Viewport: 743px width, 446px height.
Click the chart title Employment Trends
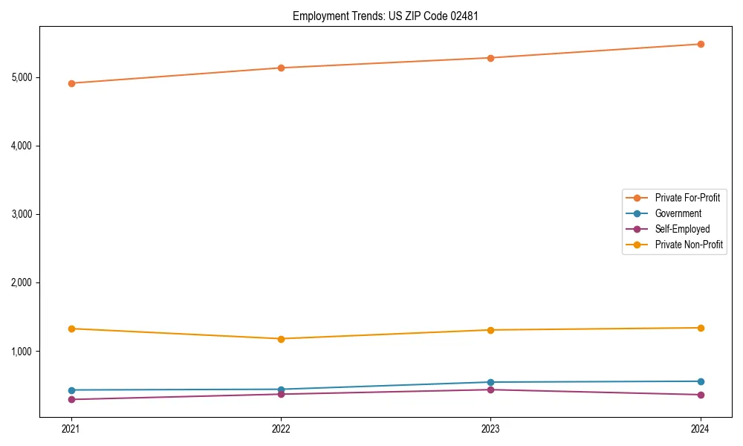tap(380, 16)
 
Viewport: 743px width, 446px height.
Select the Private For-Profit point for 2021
tap(71, 83)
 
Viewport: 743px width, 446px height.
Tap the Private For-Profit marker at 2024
tap(701, 44)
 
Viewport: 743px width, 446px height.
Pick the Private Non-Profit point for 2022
tap(281, 339)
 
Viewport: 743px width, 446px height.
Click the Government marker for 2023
tap(490, 382)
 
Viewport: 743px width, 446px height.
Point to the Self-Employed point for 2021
tap(71, 400)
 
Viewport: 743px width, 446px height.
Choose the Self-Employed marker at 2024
tap(701, 395)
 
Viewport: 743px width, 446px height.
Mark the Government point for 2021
tap(71, 390)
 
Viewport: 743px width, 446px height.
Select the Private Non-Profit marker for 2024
tap(701, 328)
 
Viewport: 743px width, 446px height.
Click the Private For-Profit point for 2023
tap(490, 58)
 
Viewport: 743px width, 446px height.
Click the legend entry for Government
tap(678, 213)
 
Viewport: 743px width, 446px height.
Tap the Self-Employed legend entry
tap(682, 229)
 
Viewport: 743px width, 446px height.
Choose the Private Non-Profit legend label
tap(689, 245)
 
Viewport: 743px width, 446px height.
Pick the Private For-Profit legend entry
tap(687, 198)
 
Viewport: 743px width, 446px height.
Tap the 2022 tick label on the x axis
tap(281, 428)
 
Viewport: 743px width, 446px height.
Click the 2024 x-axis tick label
tap(701, 428)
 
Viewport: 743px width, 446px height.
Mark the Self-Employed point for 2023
tap(490, 390)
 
